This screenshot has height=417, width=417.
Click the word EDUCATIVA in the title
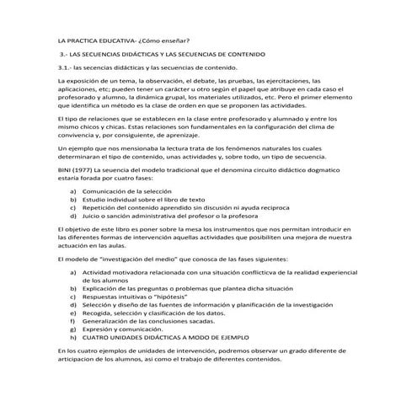coord(117,40)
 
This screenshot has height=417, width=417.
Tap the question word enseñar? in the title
coord(174,40)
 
